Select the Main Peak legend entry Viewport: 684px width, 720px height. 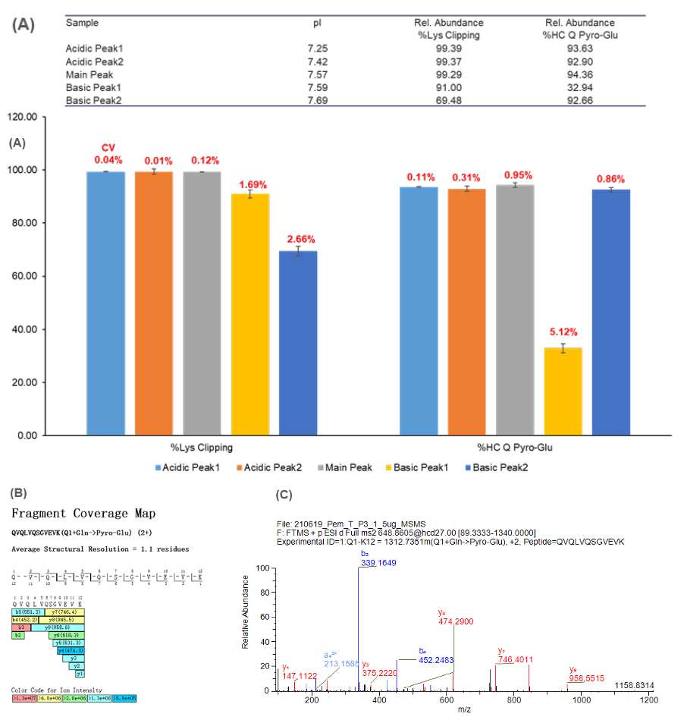point(348,468)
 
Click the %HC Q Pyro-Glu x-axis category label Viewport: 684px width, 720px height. point(515,448)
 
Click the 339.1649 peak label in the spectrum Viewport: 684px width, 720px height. point(378,564)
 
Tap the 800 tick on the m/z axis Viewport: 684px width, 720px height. point(514,700)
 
